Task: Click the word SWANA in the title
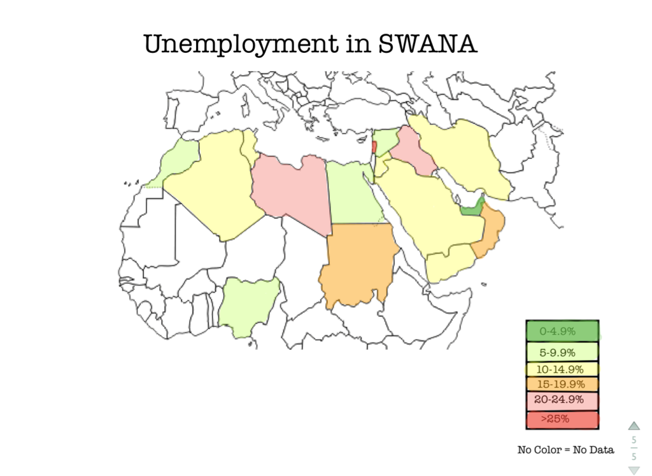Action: (427, 44)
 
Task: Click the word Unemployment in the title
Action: (239, 45)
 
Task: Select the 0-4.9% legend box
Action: (562, 331)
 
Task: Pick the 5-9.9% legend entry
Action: (562, 351)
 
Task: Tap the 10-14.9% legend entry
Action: (562, 368)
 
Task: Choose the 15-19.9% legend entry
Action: (562, 384)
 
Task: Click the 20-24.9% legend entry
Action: (562, 401)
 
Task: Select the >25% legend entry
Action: (562, 419)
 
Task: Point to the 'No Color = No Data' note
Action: (565, 450)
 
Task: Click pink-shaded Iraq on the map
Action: (411, 150)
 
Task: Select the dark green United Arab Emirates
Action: (471, 209)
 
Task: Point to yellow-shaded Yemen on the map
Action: (449, 264)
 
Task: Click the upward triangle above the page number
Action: (634, 426)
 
